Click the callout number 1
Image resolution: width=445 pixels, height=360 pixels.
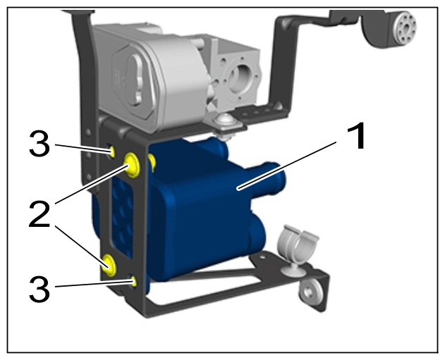(356, 137)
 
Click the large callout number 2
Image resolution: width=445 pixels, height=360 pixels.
(39, 213)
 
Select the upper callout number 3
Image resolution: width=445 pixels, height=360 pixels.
(39, 144)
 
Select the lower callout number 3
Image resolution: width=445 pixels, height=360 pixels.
(39, 289)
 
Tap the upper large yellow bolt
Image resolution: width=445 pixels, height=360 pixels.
(132, 164)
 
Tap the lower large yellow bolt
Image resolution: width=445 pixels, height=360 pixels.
(109, 265)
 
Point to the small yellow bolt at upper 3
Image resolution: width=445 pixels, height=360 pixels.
(112, 152)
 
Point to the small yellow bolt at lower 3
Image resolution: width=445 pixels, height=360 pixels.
(133, 281)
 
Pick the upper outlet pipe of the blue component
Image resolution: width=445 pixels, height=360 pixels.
(267, 178)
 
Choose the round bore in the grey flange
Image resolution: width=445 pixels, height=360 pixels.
(239, 76)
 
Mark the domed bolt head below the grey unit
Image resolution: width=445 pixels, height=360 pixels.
(224, 120)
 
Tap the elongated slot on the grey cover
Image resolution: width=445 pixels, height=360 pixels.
(136, 80)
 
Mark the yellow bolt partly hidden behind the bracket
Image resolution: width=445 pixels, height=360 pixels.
(152, 163)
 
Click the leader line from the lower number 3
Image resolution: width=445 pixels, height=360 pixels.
(95, 285)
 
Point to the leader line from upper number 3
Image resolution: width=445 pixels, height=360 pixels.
(83, 149)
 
